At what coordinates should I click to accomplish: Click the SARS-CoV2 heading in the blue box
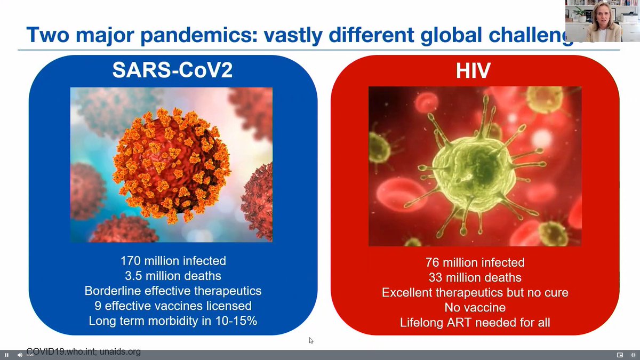172,70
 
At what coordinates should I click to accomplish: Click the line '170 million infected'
173,261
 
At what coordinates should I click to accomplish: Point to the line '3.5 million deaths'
173,276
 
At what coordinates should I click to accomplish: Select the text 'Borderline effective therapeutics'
173,291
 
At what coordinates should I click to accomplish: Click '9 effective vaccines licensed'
173,306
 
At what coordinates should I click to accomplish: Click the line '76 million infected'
475,262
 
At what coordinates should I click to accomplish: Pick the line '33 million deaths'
475,277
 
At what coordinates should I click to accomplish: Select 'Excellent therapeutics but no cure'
475,293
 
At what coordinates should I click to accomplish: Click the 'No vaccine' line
475,308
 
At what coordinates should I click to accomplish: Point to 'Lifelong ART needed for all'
475,323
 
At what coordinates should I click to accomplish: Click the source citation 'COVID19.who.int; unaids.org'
83,352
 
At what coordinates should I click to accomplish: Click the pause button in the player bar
7,355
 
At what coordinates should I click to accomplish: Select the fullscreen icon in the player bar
632,355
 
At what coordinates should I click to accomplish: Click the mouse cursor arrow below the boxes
311,340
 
